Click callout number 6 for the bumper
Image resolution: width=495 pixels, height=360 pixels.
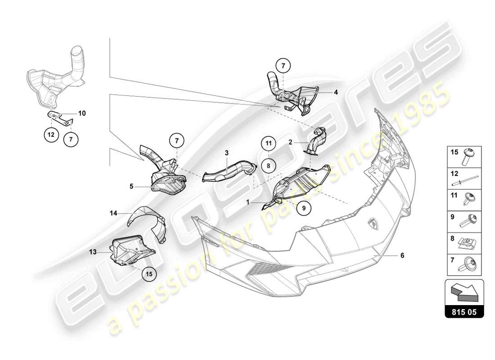tap(402, 255)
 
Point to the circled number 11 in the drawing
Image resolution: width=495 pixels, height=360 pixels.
tap(268, 144)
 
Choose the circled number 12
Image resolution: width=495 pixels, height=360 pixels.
tap(51, 135)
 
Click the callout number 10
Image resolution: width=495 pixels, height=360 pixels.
tap(82, 113)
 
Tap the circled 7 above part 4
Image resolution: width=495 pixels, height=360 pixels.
tap(283, 66)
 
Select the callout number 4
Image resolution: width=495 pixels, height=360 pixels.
tap(336, 92)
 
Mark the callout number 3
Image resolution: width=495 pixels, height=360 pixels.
tap(227, 153)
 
